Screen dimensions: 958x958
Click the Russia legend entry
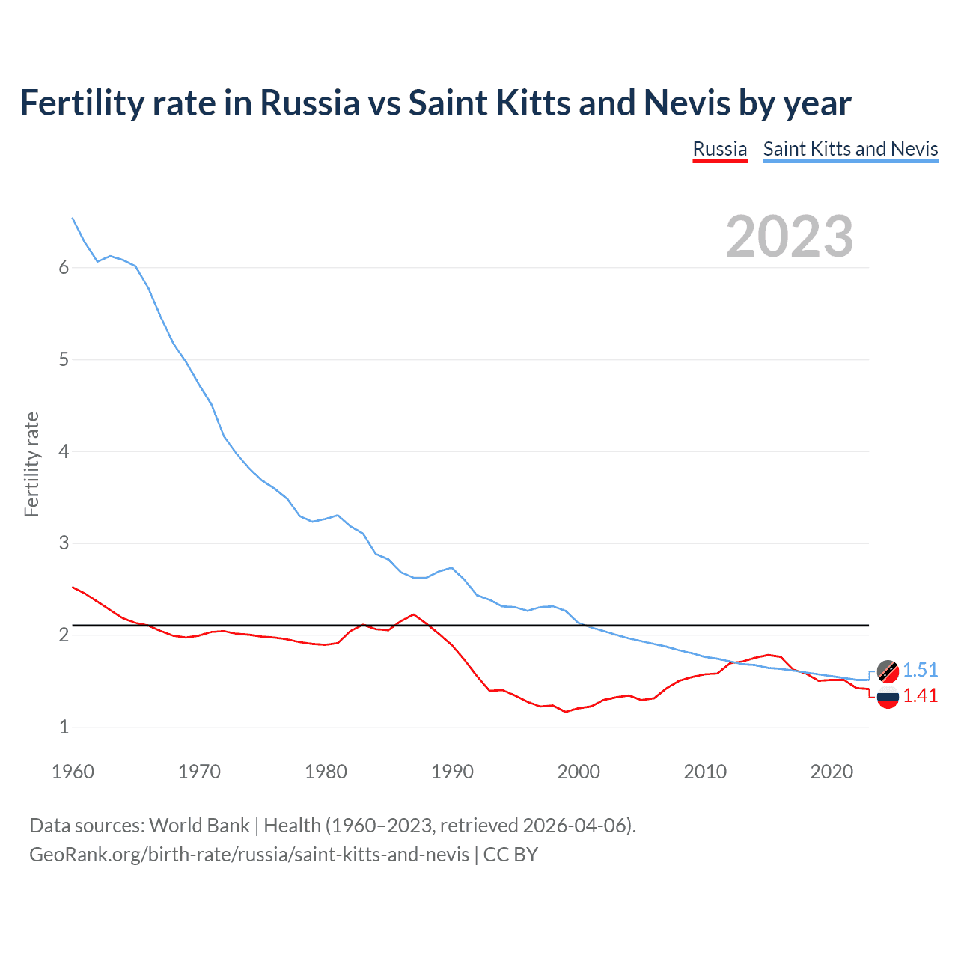pyautogui.click(x=719, y=149)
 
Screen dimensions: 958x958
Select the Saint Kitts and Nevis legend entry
pyautogui.click(x=850, y=149)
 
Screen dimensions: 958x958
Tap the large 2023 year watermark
pyautogui.click(x=790, y=237)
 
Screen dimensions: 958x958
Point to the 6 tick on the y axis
pyautogui.click(x=64, y=268)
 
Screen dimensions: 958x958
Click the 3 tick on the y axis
pyautogui.click(x=64, y=543)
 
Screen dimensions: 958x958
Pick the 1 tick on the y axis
pyautogui.click(x=64, y=727)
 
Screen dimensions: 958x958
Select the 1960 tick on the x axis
pyautogui.click(x=73, y=772)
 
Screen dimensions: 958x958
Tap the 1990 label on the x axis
pyautogui.click(x=452, y=772)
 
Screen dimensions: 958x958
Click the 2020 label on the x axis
pyautogui.click(x=832, y=772)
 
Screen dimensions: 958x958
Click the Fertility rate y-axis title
pyautogui.click(x=31, y=464)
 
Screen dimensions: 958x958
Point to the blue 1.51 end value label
pyautogui.click(x=920, y=670)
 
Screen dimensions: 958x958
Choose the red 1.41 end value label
pyautogui.click(x=920, y=695)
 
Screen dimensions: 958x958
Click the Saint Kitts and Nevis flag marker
pyautogui.click(x=888, y=671)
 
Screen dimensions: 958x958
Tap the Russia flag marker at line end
pyautogui.click(x=888, y=697)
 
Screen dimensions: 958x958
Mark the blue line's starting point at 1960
pyautogui.click(x=73, y=218)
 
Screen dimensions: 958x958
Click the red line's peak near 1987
pyautogui.click(x=413, y=614)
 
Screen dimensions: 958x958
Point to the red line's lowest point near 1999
pyautogui.click(x=566, y=712)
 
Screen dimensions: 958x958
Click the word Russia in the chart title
pyautogui.click(x=309, y=103)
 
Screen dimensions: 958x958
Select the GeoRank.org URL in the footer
pyautogui.click(x=249, y=855)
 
